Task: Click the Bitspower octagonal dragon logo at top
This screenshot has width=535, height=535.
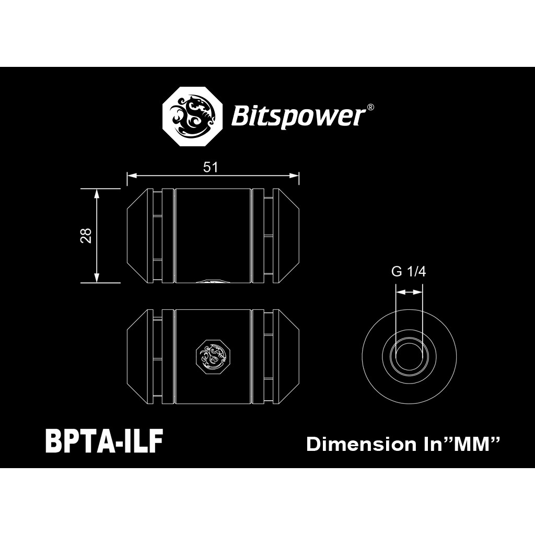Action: tap(192, 117)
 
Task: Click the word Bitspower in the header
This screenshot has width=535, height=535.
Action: tap(297, 117)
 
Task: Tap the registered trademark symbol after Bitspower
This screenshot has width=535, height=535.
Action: tap(370, 107)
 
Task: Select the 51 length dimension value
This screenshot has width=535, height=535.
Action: tap(211, 167)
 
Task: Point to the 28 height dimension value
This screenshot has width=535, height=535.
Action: tap(86, 236)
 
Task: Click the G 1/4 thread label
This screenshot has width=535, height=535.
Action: tap(409, 272)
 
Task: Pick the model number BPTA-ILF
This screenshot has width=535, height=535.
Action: tap(104, 440)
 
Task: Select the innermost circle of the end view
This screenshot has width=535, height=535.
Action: tap(409, 357)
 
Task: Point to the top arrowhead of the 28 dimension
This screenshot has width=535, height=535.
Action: tap(97, 193)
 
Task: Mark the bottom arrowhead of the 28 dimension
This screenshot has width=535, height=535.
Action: tap(97, 278)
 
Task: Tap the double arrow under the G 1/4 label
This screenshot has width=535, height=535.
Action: tap(409, 292)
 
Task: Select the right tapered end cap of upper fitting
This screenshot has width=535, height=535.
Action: tap(286, 236)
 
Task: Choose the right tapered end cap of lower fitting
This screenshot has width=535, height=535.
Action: tap(286, 357)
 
